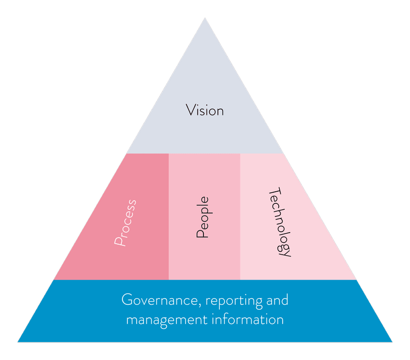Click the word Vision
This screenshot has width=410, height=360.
[205, 110]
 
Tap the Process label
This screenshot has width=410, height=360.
[125, 223]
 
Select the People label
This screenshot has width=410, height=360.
[202, 217]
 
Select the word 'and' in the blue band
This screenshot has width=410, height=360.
[277, 300]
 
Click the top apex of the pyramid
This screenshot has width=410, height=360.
[205, 17]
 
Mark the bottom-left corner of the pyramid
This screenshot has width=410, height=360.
[17, 343]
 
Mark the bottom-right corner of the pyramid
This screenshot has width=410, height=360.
[393, 343]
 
